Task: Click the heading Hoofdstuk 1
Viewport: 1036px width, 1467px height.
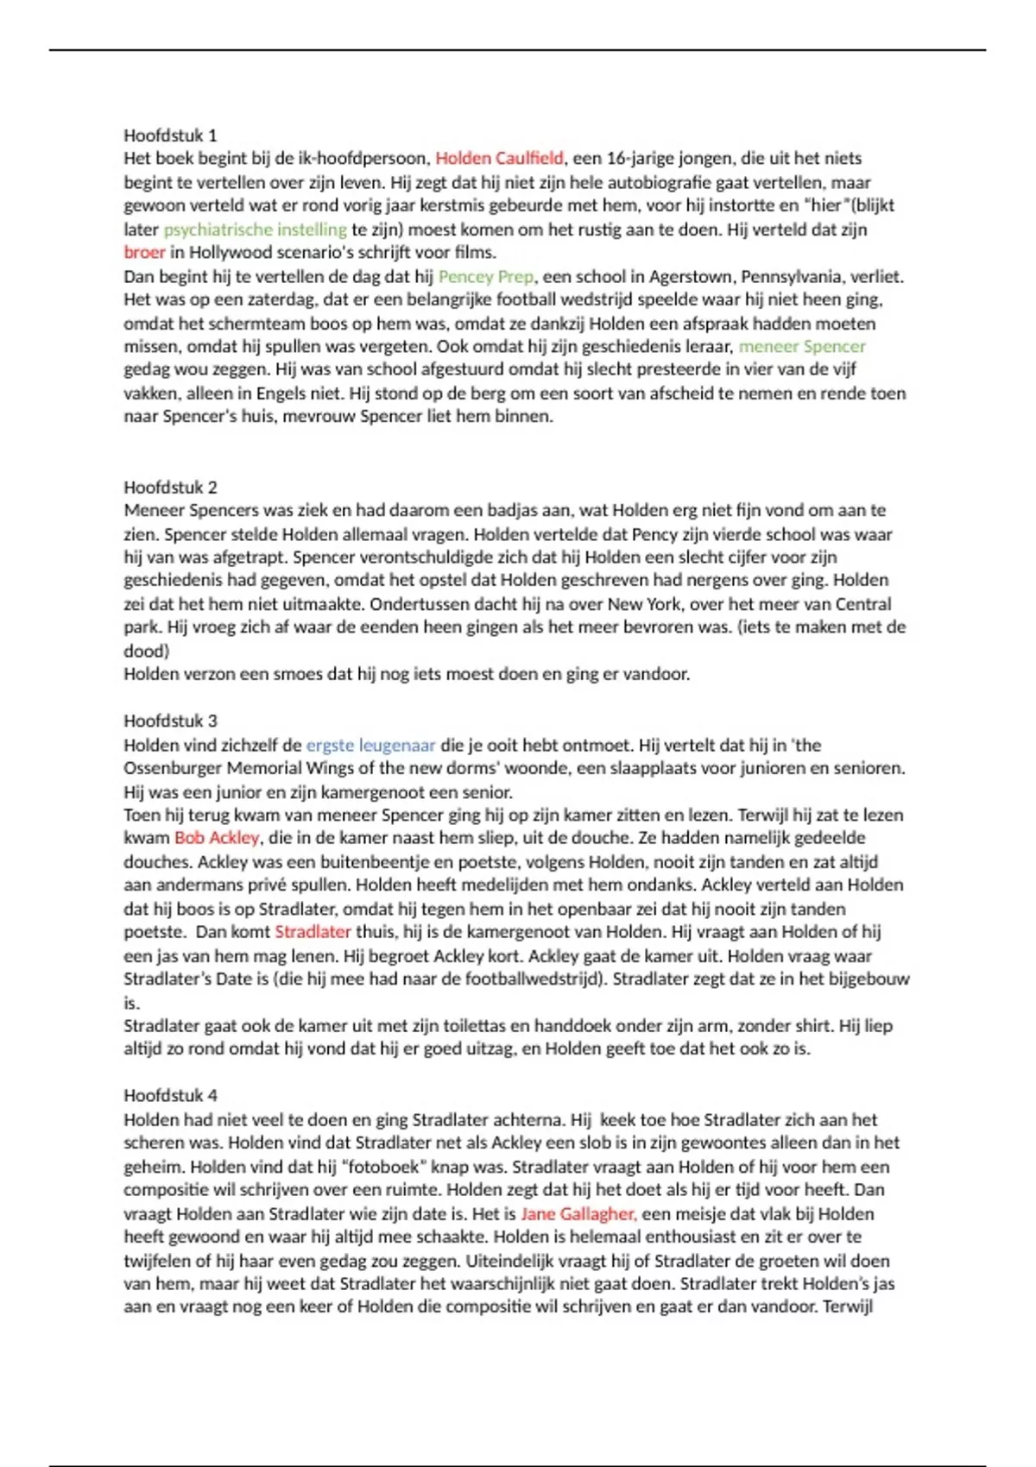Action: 170,135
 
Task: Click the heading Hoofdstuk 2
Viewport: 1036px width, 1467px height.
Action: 170,487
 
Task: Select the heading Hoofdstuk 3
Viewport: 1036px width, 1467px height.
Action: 170,721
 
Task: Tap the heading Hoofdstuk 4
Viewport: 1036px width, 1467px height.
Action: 170,1095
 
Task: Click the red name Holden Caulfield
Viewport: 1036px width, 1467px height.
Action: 499,159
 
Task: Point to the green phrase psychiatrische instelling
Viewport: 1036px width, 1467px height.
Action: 255,230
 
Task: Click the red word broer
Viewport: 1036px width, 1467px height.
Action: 144,253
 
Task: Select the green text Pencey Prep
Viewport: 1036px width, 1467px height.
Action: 486,277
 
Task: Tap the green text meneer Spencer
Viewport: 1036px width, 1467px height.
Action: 802,347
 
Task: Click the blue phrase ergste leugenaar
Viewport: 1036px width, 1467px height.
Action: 370,745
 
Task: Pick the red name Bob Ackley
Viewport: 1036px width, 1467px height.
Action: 217,838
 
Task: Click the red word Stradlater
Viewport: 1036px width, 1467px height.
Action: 313,932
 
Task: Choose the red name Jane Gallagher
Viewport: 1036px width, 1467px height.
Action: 578,1214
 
